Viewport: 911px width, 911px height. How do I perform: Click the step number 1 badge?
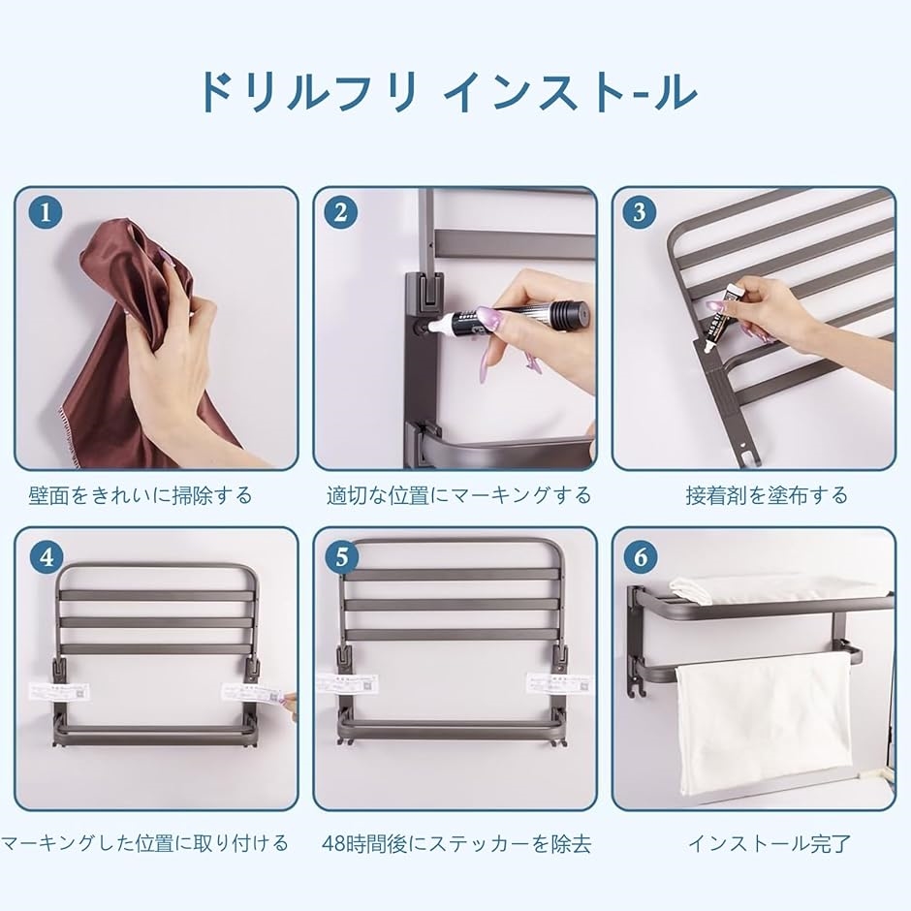[x=46, y=212]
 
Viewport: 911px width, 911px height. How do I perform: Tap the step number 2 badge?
[x=340, y=212]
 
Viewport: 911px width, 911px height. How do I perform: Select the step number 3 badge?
[x=639, y=212]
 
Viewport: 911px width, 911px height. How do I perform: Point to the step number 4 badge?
[x=47, y=557]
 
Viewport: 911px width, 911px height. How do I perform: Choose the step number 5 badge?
[x=341, y=557]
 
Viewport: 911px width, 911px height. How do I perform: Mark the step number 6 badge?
[x=641, y=557]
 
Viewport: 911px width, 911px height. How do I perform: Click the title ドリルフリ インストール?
[x=448, y=92]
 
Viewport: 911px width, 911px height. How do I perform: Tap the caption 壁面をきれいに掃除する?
[x=141, y=495]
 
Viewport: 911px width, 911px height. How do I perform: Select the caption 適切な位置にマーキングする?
[x=459, y=495]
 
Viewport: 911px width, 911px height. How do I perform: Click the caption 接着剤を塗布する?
[x=767, y=495]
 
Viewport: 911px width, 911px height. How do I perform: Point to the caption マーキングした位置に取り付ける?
[x=144, y=842]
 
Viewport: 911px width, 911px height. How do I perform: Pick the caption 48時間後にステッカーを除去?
[x=456, y=843]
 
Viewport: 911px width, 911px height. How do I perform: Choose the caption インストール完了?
[x=770, y=843]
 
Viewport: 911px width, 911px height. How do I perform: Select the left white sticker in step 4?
[x=59, y=692]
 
